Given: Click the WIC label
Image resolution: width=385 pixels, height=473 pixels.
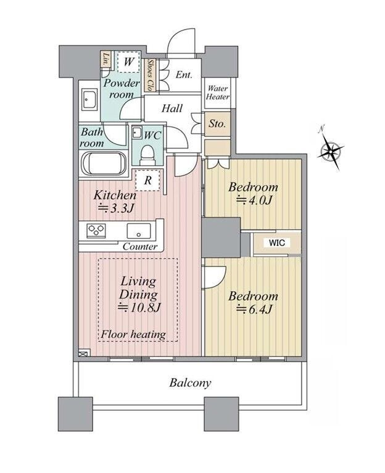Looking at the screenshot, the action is [x=277, y=243].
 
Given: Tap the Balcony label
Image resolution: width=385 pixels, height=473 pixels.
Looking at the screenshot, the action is [x=190, y=383].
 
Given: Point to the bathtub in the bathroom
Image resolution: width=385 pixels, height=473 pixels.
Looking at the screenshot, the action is [x=104, y=163].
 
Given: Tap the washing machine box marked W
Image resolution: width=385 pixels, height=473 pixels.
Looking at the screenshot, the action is [x=129, y=62].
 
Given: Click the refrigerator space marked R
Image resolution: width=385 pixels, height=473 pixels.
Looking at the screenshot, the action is [x=147, y=180].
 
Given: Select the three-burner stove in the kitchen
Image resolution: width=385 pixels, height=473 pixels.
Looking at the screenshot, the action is [x=96, y=231].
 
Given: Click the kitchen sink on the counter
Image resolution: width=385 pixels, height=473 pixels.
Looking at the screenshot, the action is [x=138, y=231].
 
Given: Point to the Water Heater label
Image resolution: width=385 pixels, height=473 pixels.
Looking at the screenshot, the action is [x=218, y=93].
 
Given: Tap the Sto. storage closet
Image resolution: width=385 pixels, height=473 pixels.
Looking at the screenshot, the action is [x=217, y=123].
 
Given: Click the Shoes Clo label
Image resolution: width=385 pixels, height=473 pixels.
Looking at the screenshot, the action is [x=149, y=75].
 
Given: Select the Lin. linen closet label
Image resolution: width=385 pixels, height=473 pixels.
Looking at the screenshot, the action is [x=106, y=59].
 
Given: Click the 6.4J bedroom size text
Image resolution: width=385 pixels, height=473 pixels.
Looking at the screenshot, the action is [x=254, y=309].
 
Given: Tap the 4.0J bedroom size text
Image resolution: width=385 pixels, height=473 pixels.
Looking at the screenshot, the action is [x=254, y=200].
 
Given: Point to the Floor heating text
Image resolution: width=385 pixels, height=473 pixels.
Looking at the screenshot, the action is [x=133, y=334].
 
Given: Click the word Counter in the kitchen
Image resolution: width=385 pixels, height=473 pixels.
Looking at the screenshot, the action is [x=140, y=247].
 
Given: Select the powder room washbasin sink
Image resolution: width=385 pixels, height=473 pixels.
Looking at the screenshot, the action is [x=89, y=99].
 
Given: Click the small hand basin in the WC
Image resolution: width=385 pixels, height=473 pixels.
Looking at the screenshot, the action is [x=138, y=133].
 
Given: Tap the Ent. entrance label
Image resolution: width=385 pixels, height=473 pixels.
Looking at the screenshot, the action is [x=184, y=75].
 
